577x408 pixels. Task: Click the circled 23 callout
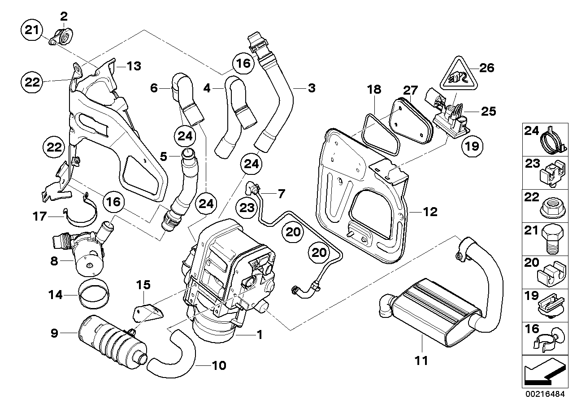[247, 207]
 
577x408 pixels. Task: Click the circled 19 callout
[474, 145]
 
